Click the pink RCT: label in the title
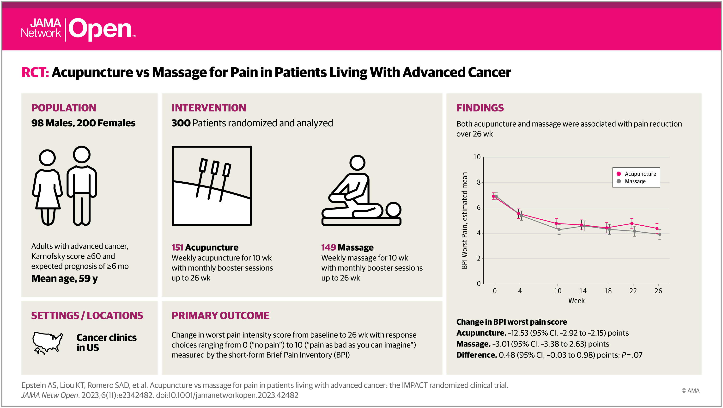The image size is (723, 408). [35, 73]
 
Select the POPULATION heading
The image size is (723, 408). [64, 108]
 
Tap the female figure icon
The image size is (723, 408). [47, 187]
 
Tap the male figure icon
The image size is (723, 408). [82, 185]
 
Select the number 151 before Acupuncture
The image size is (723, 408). [177, 247]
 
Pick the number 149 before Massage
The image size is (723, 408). [328, 247]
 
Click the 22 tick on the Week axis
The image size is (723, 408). [633, 291]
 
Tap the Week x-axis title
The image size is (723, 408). [576, 301]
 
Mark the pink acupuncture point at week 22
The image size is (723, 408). [632, 224]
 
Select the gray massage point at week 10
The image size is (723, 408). [559, 230]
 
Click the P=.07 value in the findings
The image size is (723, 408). [632, 355]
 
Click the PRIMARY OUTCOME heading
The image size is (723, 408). [220, 316]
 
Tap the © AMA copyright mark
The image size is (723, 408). [690, 391]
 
